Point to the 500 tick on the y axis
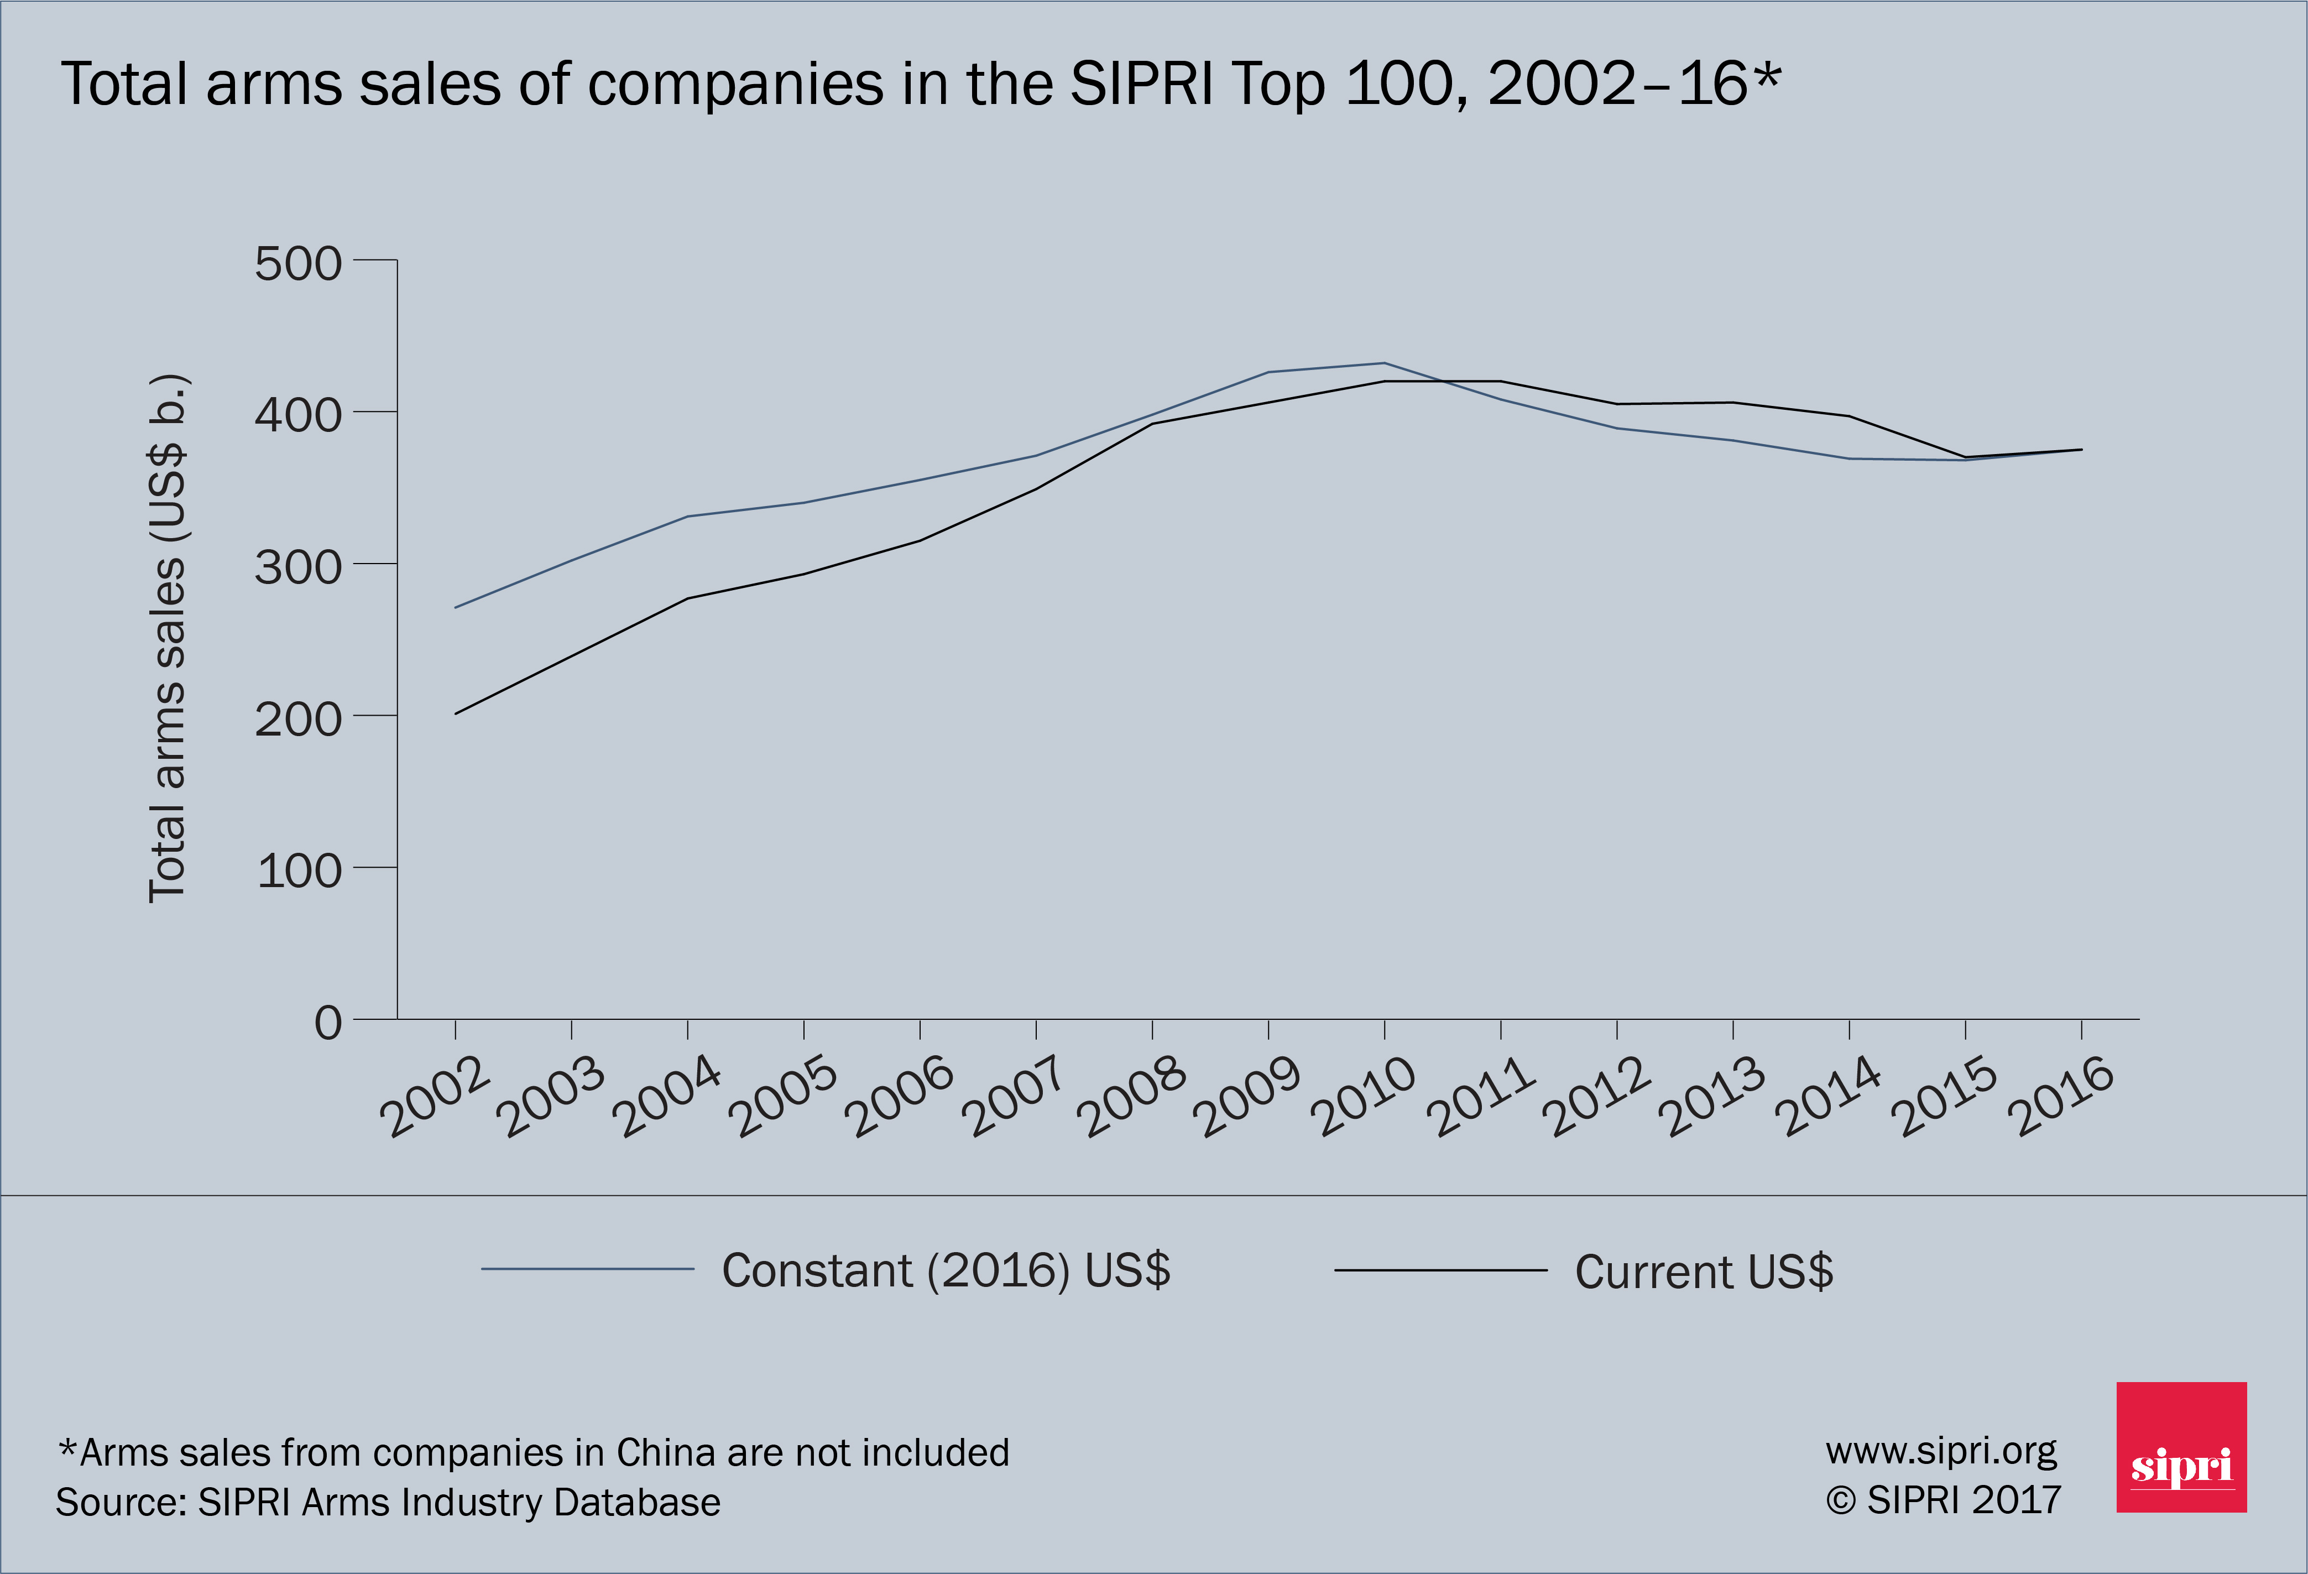(298, 264)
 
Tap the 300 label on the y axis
(298, 568)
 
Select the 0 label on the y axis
(328, 1022)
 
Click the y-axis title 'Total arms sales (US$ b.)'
(167, 639)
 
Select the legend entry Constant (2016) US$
(946, 1270)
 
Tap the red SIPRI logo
(2181, 1447)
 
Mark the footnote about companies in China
(533, 1452)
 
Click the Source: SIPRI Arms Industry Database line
(387, 1502)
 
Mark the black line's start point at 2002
(456, 713)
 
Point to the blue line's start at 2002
(456, 607)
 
